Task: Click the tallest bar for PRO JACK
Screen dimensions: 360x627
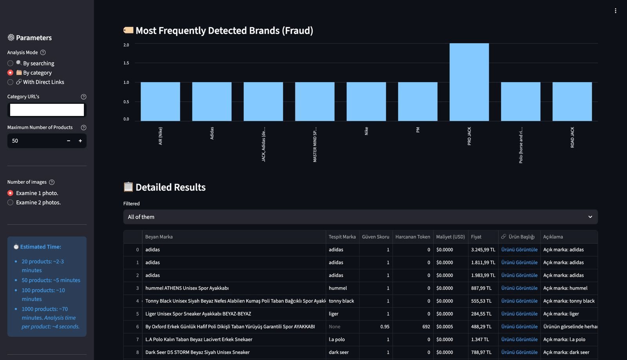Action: (x=469, y=82)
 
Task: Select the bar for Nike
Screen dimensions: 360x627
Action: (x=366, y=101)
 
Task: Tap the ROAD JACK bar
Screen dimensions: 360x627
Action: (x=572, y=101)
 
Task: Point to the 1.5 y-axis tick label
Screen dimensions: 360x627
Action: (x=126, y=63)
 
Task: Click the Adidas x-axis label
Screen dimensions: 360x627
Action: (x=212, y=133)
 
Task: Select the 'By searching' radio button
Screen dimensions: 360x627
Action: (x=11, y=63)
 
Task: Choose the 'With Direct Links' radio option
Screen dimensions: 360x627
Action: (x=11, y=82)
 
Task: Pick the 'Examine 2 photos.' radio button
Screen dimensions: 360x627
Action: (x=11, y=203)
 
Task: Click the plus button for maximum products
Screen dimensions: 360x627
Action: (x=80, y=141)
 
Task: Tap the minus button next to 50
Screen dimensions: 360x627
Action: (x=69, y=141)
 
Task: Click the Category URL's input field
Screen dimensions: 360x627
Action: (x=47, y=110)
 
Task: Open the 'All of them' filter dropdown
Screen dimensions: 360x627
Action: (x=360, y=217)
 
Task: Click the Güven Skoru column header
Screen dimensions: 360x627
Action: (x=375, y=237)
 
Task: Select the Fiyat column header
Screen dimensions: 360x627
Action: (x=476, y=237)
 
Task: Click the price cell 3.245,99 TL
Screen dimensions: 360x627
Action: (x=483, y=250)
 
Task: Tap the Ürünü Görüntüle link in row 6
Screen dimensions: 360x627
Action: (x=519, y=326)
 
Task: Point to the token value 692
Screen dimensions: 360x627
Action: (x=426, y=326)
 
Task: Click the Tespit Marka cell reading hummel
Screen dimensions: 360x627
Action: (x=338, y=288)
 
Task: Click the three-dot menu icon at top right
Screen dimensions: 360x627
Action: (x=615, y=11)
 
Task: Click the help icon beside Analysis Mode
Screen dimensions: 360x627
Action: (x=43, y=52)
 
